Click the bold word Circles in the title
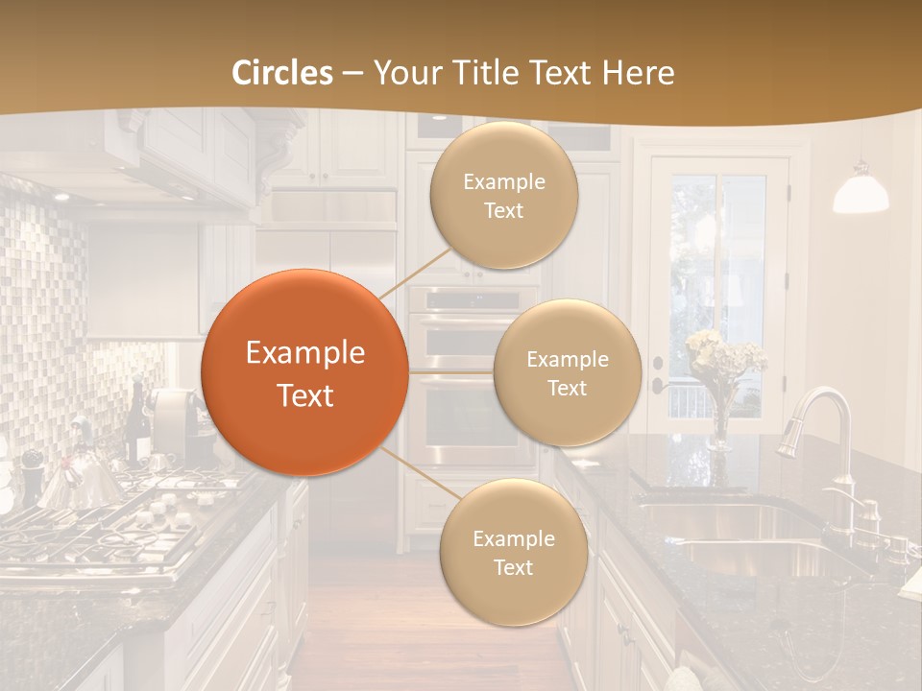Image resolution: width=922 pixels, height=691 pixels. [x=281, y=73]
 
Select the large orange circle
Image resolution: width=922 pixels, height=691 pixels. [x=304, y=372]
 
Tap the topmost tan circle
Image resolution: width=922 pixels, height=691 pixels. [x=503, y=195]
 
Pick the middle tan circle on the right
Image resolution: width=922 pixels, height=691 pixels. [x=567, y=372]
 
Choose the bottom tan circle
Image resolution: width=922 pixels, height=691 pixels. [x=513, y=552]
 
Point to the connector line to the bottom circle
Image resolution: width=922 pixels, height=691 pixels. [x=415, y=474]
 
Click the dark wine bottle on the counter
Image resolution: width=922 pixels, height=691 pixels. [x=136, y=422]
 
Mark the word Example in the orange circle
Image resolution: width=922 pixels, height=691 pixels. [x=304, y=353]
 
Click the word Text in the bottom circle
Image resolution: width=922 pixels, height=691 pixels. [x=513, y=567]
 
